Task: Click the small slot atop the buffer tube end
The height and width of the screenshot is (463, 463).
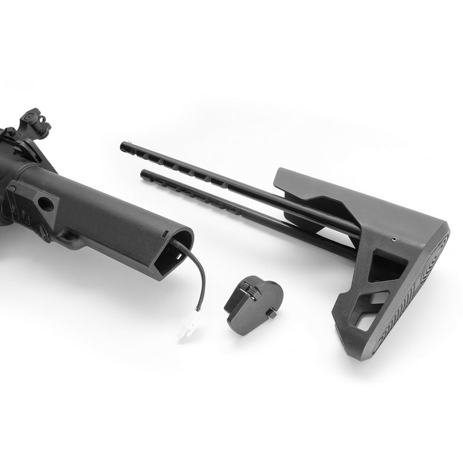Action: tap(167, 233)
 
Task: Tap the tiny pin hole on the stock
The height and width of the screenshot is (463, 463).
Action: tap(394, 238)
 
